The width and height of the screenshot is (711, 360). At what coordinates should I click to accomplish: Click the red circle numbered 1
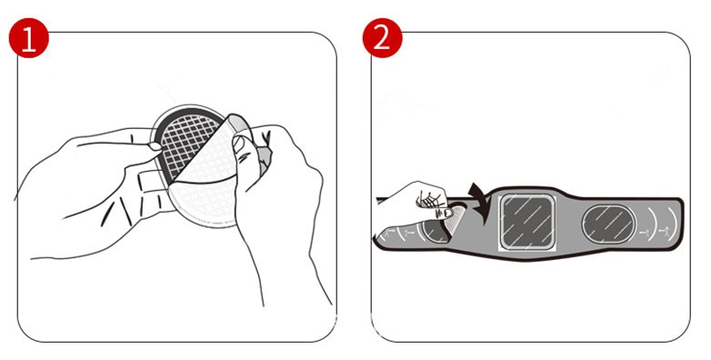point(28,38)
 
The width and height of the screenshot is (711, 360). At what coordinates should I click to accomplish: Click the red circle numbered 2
point(382,38)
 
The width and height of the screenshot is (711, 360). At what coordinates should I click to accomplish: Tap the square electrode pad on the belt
point(527,222)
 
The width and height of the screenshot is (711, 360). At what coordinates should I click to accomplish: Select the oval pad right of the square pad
point(608,224)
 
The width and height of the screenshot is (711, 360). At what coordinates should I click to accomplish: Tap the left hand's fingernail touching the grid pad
point(155,146)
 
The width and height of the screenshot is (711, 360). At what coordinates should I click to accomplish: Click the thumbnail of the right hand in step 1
point(239,144)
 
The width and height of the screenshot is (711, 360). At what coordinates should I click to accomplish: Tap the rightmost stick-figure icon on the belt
point(665,232)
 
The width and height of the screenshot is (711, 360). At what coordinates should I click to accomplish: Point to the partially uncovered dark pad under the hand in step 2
point(434,231)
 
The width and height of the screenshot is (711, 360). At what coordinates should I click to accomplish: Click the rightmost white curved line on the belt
point(676,224)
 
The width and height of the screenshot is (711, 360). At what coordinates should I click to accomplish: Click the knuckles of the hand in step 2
point(429,198)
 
